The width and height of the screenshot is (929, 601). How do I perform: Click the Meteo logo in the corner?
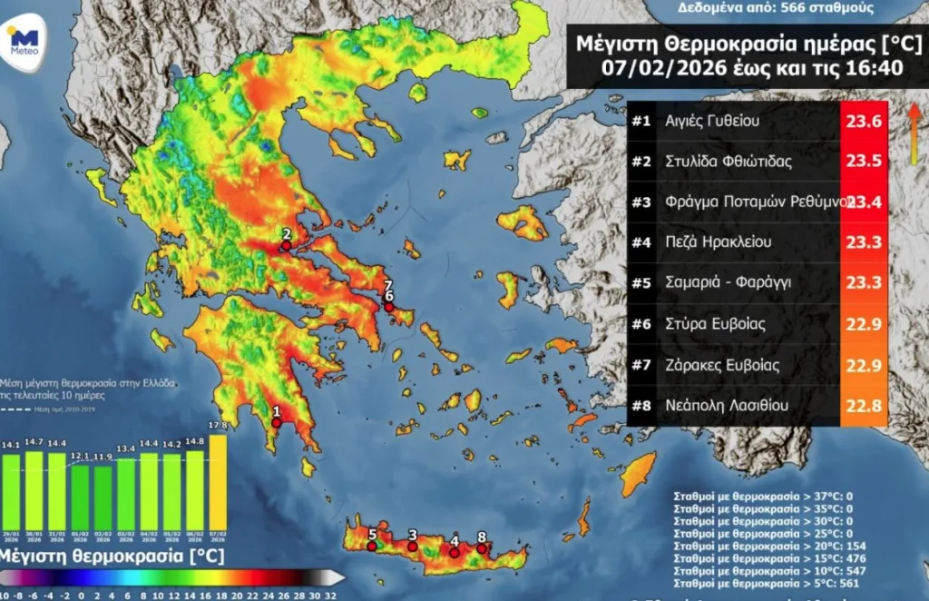(24, 42)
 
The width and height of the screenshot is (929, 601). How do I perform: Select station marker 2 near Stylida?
(286, 245)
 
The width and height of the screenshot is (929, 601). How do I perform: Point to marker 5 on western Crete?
(371, 547)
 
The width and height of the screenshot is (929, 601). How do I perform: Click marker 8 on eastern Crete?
(482, 548)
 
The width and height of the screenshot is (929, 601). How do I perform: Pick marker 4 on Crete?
(455, 552)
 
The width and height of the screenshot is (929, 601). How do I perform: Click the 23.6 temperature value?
(863, 120)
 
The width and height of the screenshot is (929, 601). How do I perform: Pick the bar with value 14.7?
(34, 490)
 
